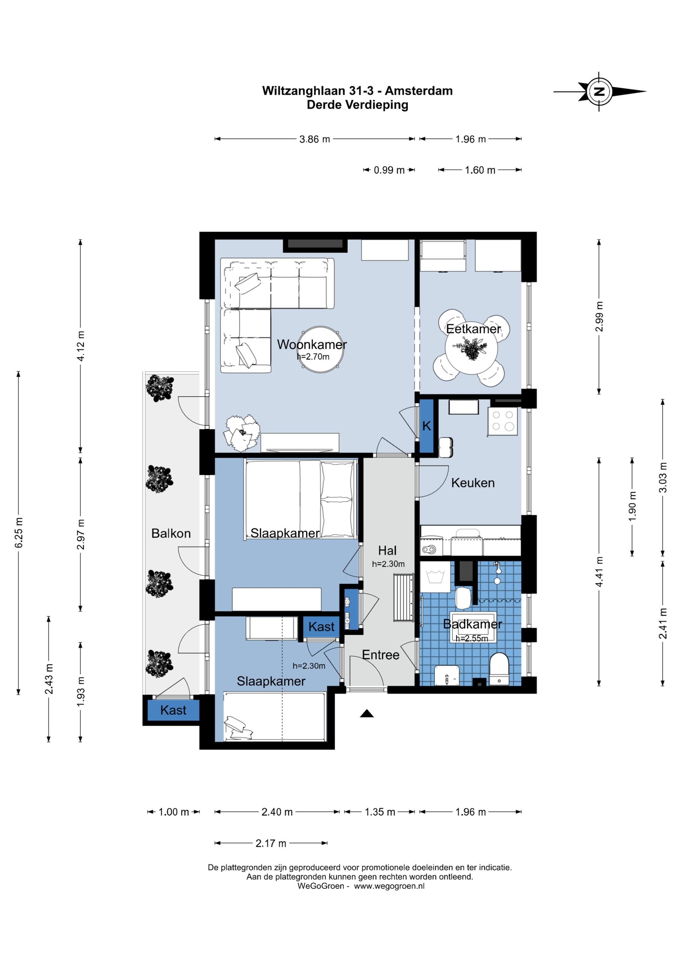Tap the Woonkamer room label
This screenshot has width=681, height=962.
point(312,344)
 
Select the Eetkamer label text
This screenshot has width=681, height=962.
point(473,329)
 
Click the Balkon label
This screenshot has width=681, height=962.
point(171,533)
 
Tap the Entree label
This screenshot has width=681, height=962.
point(380,654)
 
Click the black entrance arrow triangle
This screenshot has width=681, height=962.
point(367,713)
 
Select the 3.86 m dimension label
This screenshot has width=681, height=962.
point(315,139)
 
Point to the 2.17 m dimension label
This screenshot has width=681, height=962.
point(271,843)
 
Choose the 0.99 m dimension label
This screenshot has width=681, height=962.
point(389,170)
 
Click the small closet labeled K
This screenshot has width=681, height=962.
point(427,426)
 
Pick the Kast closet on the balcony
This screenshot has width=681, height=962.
point(173,710)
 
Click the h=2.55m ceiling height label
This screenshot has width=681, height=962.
point(472,638)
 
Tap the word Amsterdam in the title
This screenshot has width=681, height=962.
point(419,91)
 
